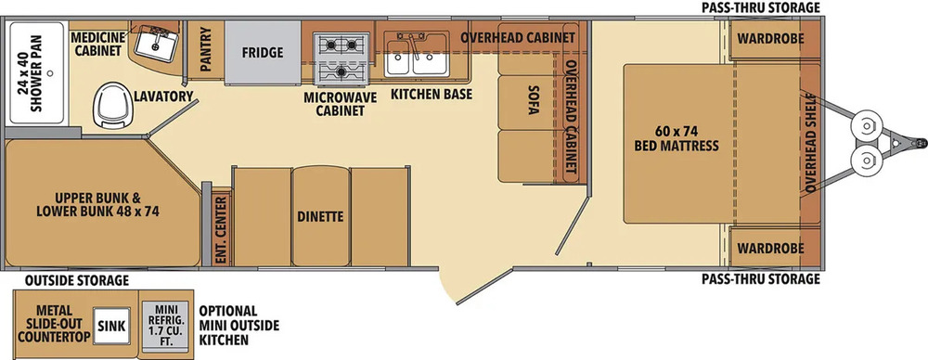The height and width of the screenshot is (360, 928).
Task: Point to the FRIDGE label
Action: coord(263,52)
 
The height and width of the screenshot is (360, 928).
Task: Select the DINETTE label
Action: coord(321,216)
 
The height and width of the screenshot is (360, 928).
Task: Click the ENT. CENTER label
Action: coord(221,229)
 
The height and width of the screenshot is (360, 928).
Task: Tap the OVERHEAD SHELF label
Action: coord(810,143)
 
